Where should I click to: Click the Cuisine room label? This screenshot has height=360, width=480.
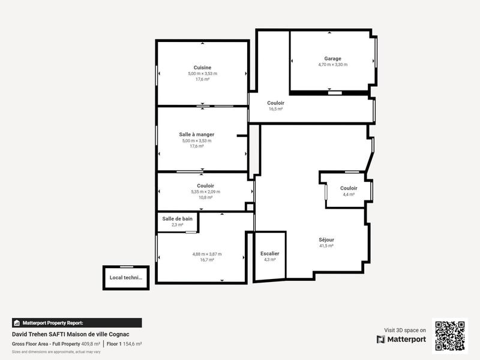[202, 67]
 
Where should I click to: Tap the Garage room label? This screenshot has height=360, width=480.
[332, 59]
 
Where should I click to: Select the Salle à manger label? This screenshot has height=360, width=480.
[197, 134]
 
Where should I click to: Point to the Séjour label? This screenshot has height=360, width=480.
[326, 239]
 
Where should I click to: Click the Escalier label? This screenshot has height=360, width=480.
[269, 254]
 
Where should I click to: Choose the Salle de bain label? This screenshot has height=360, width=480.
[178, 219]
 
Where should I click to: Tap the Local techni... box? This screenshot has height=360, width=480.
[125, 278]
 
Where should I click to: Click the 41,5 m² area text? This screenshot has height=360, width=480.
[326, 246]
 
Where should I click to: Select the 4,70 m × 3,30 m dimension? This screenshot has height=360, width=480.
[332, 65]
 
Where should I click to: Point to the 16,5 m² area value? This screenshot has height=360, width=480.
[275, 109]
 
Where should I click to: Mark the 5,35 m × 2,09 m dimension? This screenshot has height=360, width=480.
[205, 192]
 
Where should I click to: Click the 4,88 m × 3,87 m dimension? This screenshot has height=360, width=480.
[207, 254]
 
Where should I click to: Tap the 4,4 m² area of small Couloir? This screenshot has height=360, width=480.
[349, 194]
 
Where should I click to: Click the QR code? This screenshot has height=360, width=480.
[449, 335]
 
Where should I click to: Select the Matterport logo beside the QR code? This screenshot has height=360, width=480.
[401, 340]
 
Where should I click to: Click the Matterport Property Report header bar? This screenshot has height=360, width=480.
[77, 323]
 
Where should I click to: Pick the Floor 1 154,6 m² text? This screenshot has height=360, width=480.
[124, 344]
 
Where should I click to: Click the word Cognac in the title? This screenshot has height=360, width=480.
[119, 334]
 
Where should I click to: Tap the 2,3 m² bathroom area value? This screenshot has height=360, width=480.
[178, 225]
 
